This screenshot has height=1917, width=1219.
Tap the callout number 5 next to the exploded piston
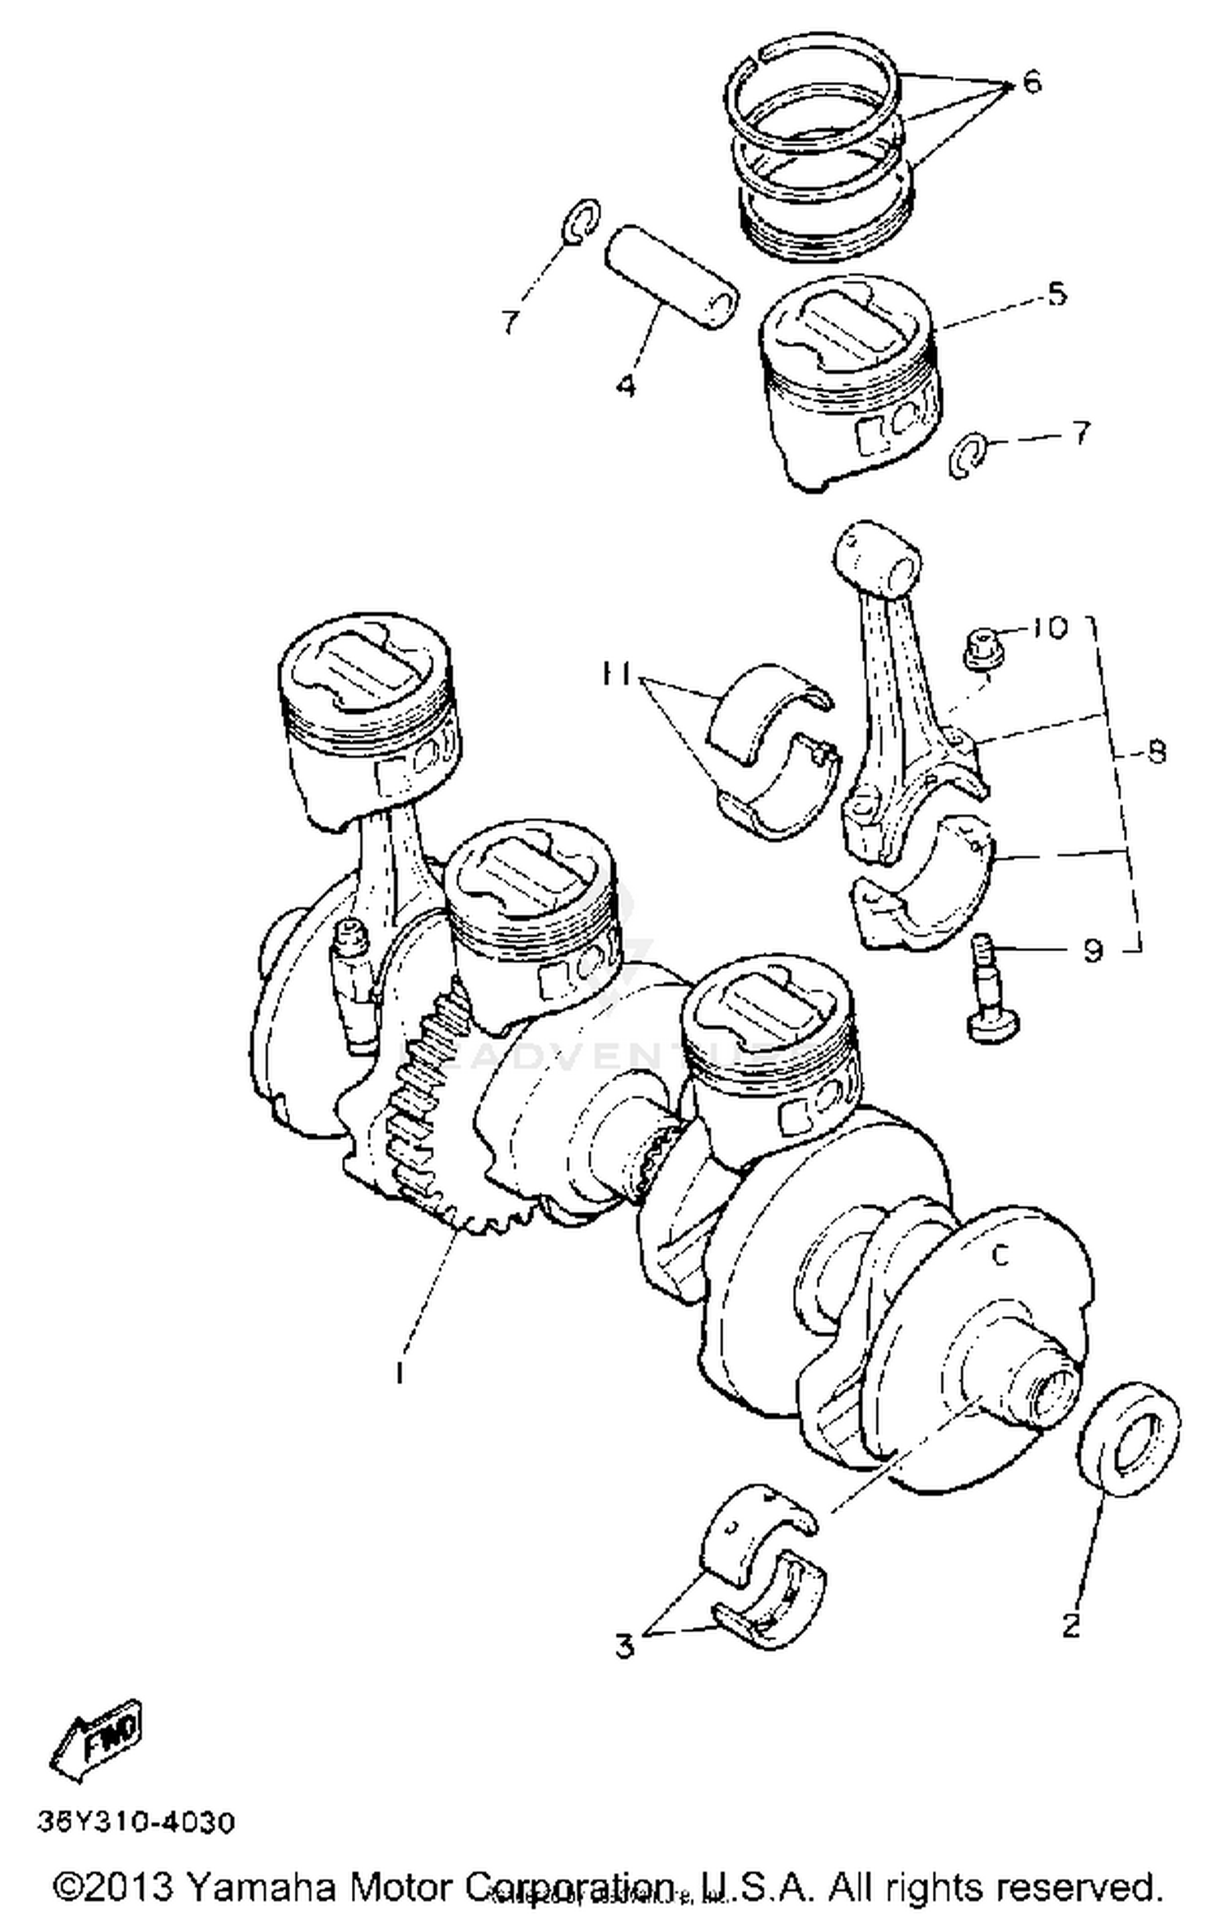click(x=1056, y=293)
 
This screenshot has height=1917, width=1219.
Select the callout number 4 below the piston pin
click(x=625, y=385)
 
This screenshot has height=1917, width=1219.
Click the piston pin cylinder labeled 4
click(x=671, y=276)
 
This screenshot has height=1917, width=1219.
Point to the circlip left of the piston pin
click(x=581, y=220)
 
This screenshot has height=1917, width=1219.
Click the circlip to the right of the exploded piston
click(x=968, y=457)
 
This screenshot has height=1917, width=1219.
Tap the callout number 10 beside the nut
click(x=1050, y=627)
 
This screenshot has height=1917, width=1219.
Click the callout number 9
click(x=1093, y=949)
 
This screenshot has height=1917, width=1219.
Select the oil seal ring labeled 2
click(x=1130, y=1436)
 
